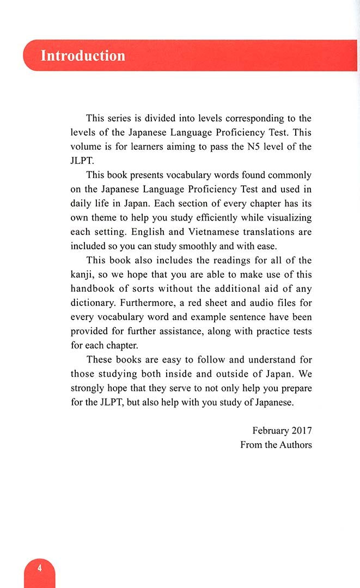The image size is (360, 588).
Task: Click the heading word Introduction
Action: pos(83,56)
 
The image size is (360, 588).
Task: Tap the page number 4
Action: pos(40,568)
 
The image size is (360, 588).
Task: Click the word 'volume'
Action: pos(86,146)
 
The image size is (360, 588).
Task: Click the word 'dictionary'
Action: pos(93,302)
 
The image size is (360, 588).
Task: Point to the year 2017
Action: pos(301,430)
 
